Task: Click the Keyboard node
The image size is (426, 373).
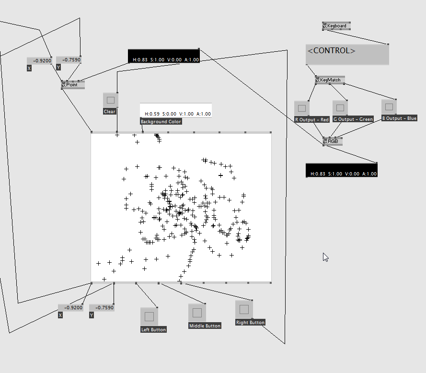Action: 336,26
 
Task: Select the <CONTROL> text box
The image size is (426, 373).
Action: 347,54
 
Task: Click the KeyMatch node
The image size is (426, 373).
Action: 330,80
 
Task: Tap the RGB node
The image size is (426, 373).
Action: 333,141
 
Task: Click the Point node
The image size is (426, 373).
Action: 72,85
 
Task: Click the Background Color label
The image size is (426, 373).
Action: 161,122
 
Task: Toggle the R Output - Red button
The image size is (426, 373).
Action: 302,108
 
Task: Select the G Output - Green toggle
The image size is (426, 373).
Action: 340,108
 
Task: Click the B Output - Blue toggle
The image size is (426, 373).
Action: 389,106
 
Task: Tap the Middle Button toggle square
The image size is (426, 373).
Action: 197,313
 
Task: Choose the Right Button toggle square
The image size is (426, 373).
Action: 244,309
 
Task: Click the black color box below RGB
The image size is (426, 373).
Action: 341,170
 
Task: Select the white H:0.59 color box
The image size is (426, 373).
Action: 175,110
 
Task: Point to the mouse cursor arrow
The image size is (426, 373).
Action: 325,256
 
